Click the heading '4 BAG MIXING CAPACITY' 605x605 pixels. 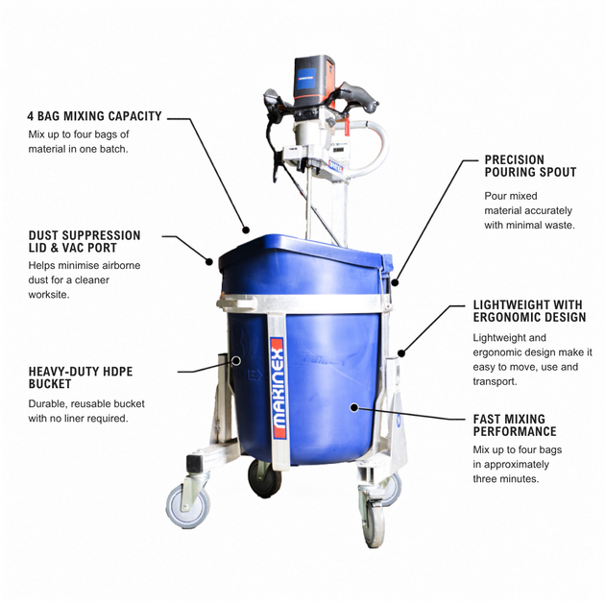pyautogui.click(x=94, y=116)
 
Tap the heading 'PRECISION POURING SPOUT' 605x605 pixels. pyautogui.click(x=530, y=166)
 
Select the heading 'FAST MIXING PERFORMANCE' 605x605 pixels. pyautogui.click(x=515, y=425)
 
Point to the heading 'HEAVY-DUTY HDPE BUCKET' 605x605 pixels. pyautogui.click(x=81, y=377)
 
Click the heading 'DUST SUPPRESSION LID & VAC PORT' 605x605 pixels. pyautogui.click(x=85, y=242)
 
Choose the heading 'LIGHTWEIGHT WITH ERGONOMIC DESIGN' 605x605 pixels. pyautogui.click(x=530, y=311)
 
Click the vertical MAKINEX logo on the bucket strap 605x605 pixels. pyautogui.click(x=278, y=387)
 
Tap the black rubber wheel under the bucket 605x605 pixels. pyautogui.click(x=264, y=477)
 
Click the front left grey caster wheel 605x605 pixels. pyautogui.click(x=188, y=506)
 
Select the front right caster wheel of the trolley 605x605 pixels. pyautogui.click(x=374, y=524)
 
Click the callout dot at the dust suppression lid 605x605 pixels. pyautogui.click(x=209, y=261)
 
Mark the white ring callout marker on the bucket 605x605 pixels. pyautogui.click(x=236, y=361)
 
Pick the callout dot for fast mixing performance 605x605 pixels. pyautogui.click(x=353, y=407)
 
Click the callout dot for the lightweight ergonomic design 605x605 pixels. pyautogui.click(x=401, y=352)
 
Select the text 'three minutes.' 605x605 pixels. pyautogui.click(x=506, y=479)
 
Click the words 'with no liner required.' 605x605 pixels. pyautogui.click(x=78, y=419)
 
